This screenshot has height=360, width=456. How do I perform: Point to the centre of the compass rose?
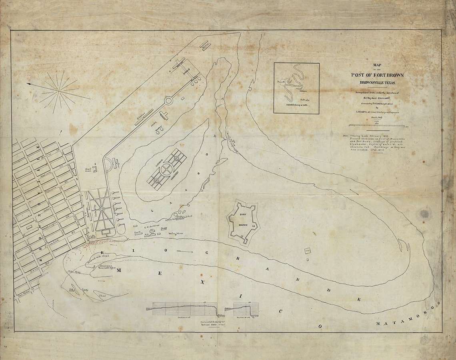(60, 91)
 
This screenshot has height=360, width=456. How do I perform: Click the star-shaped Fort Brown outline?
(243, 222)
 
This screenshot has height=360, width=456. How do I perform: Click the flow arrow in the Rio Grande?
(184, 252)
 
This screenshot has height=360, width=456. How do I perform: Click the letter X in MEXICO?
(203, 282)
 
